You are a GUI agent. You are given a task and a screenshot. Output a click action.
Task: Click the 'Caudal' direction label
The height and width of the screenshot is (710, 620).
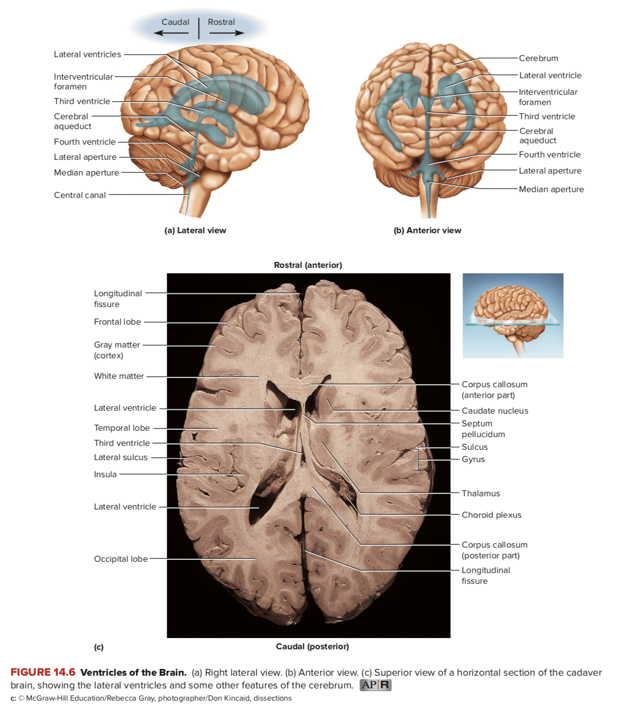175,22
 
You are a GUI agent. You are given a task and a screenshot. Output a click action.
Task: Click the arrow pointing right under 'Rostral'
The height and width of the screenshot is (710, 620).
226,33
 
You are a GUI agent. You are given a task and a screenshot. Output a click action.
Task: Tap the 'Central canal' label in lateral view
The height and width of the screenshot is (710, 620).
80,195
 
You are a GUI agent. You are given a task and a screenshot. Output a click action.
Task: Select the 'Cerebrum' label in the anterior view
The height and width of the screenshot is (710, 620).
538,58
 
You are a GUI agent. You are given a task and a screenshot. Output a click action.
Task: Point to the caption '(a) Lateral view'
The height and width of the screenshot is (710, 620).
195,230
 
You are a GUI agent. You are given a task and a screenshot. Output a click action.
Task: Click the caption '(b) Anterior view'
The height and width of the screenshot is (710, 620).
427,230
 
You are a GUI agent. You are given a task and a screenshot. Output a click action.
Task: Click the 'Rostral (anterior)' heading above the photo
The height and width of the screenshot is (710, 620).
308,265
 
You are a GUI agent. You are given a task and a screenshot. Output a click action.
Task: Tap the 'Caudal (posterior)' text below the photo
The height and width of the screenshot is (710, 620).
312,646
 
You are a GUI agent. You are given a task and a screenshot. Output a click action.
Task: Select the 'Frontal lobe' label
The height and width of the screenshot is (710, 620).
117,322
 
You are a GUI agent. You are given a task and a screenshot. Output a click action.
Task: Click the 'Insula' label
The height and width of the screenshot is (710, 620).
105,474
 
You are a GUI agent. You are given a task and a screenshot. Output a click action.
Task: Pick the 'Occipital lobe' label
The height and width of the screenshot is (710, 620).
121,559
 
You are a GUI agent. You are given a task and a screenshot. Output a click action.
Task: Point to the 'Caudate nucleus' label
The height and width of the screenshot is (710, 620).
495,411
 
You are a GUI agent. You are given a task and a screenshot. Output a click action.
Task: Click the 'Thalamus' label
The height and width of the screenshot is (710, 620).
481,493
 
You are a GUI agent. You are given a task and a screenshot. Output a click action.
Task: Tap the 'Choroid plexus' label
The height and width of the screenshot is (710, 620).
491,515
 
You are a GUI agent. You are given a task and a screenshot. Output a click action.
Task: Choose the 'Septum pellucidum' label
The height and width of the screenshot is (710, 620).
483,429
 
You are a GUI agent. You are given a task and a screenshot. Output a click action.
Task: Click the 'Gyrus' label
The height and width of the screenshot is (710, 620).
473,459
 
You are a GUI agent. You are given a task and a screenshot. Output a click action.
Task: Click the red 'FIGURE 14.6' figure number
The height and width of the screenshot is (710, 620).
43,672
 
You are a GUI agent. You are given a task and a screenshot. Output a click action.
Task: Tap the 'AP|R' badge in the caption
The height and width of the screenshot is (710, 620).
376,685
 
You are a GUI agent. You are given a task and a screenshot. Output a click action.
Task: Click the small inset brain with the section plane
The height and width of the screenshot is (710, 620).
513,315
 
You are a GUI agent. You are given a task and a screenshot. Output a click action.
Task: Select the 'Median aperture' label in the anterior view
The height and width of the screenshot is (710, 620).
551,189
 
